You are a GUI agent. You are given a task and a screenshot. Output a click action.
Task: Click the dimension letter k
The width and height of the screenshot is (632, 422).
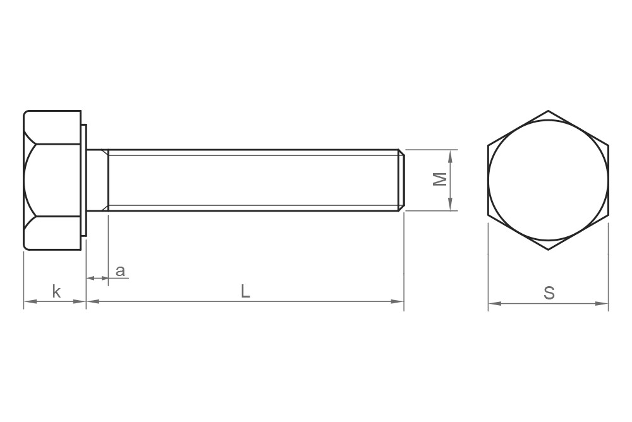tap(56, 291)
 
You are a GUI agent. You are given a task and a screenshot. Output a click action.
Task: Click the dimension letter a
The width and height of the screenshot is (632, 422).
tap(120, 271)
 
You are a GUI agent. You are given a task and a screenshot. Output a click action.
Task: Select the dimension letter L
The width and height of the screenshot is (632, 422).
tap(245, 291)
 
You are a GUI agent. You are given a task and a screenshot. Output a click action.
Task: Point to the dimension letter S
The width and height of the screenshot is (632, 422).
tap(549, 293)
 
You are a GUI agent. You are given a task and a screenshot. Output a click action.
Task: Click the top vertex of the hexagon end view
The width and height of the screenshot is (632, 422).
tap(548, 111)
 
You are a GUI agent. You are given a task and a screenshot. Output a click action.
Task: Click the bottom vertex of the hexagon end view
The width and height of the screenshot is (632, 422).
tap(548, 250)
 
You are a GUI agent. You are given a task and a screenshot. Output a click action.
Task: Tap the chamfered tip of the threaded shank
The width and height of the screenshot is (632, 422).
tap(401, 180)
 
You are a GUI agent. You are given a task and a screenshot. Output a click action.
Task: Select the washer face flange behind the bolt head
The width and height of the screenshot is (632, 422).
tap(84, 180)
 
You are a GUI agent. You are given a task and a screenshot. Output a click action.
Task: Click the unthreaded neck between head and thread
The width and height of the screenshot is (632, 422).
tap(97, 180)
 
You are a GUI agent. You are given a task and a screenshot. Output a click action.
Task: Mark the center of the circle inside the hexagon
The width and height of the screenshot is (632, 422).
tap(548, 180)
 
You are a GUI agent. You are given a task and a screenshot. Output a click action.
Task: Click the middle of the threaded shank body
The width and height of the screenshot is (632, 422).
tap(253, 180)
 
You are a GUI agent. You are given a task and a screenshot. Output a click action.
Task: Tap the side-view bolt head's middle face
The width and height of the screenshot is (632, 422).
tap(53, 180)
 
